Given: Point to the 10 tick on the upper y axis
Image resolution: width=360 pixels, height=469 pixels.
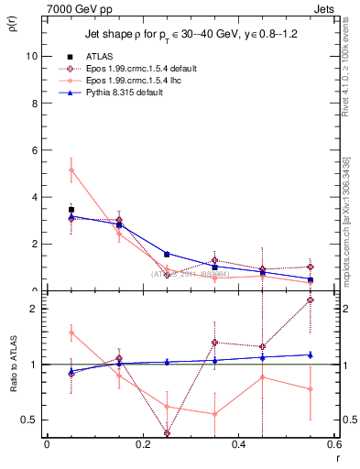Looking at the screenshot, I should (x=32, y=56).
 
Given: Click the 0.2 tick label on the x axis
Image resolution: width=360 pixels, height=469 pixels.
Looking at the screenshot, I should (x=142, y=444).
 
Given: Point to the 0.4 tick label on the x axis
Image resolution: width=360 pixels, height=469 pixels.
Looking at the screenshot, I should (x=238, y=444).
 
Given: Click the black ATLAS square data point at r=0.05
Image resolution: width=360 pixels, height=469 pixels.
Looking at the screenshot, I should (x=71, y=210).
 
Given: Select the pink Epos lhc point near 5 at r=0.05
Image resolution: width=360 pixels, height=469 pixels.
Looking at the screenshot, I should (x=71, y=169).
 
